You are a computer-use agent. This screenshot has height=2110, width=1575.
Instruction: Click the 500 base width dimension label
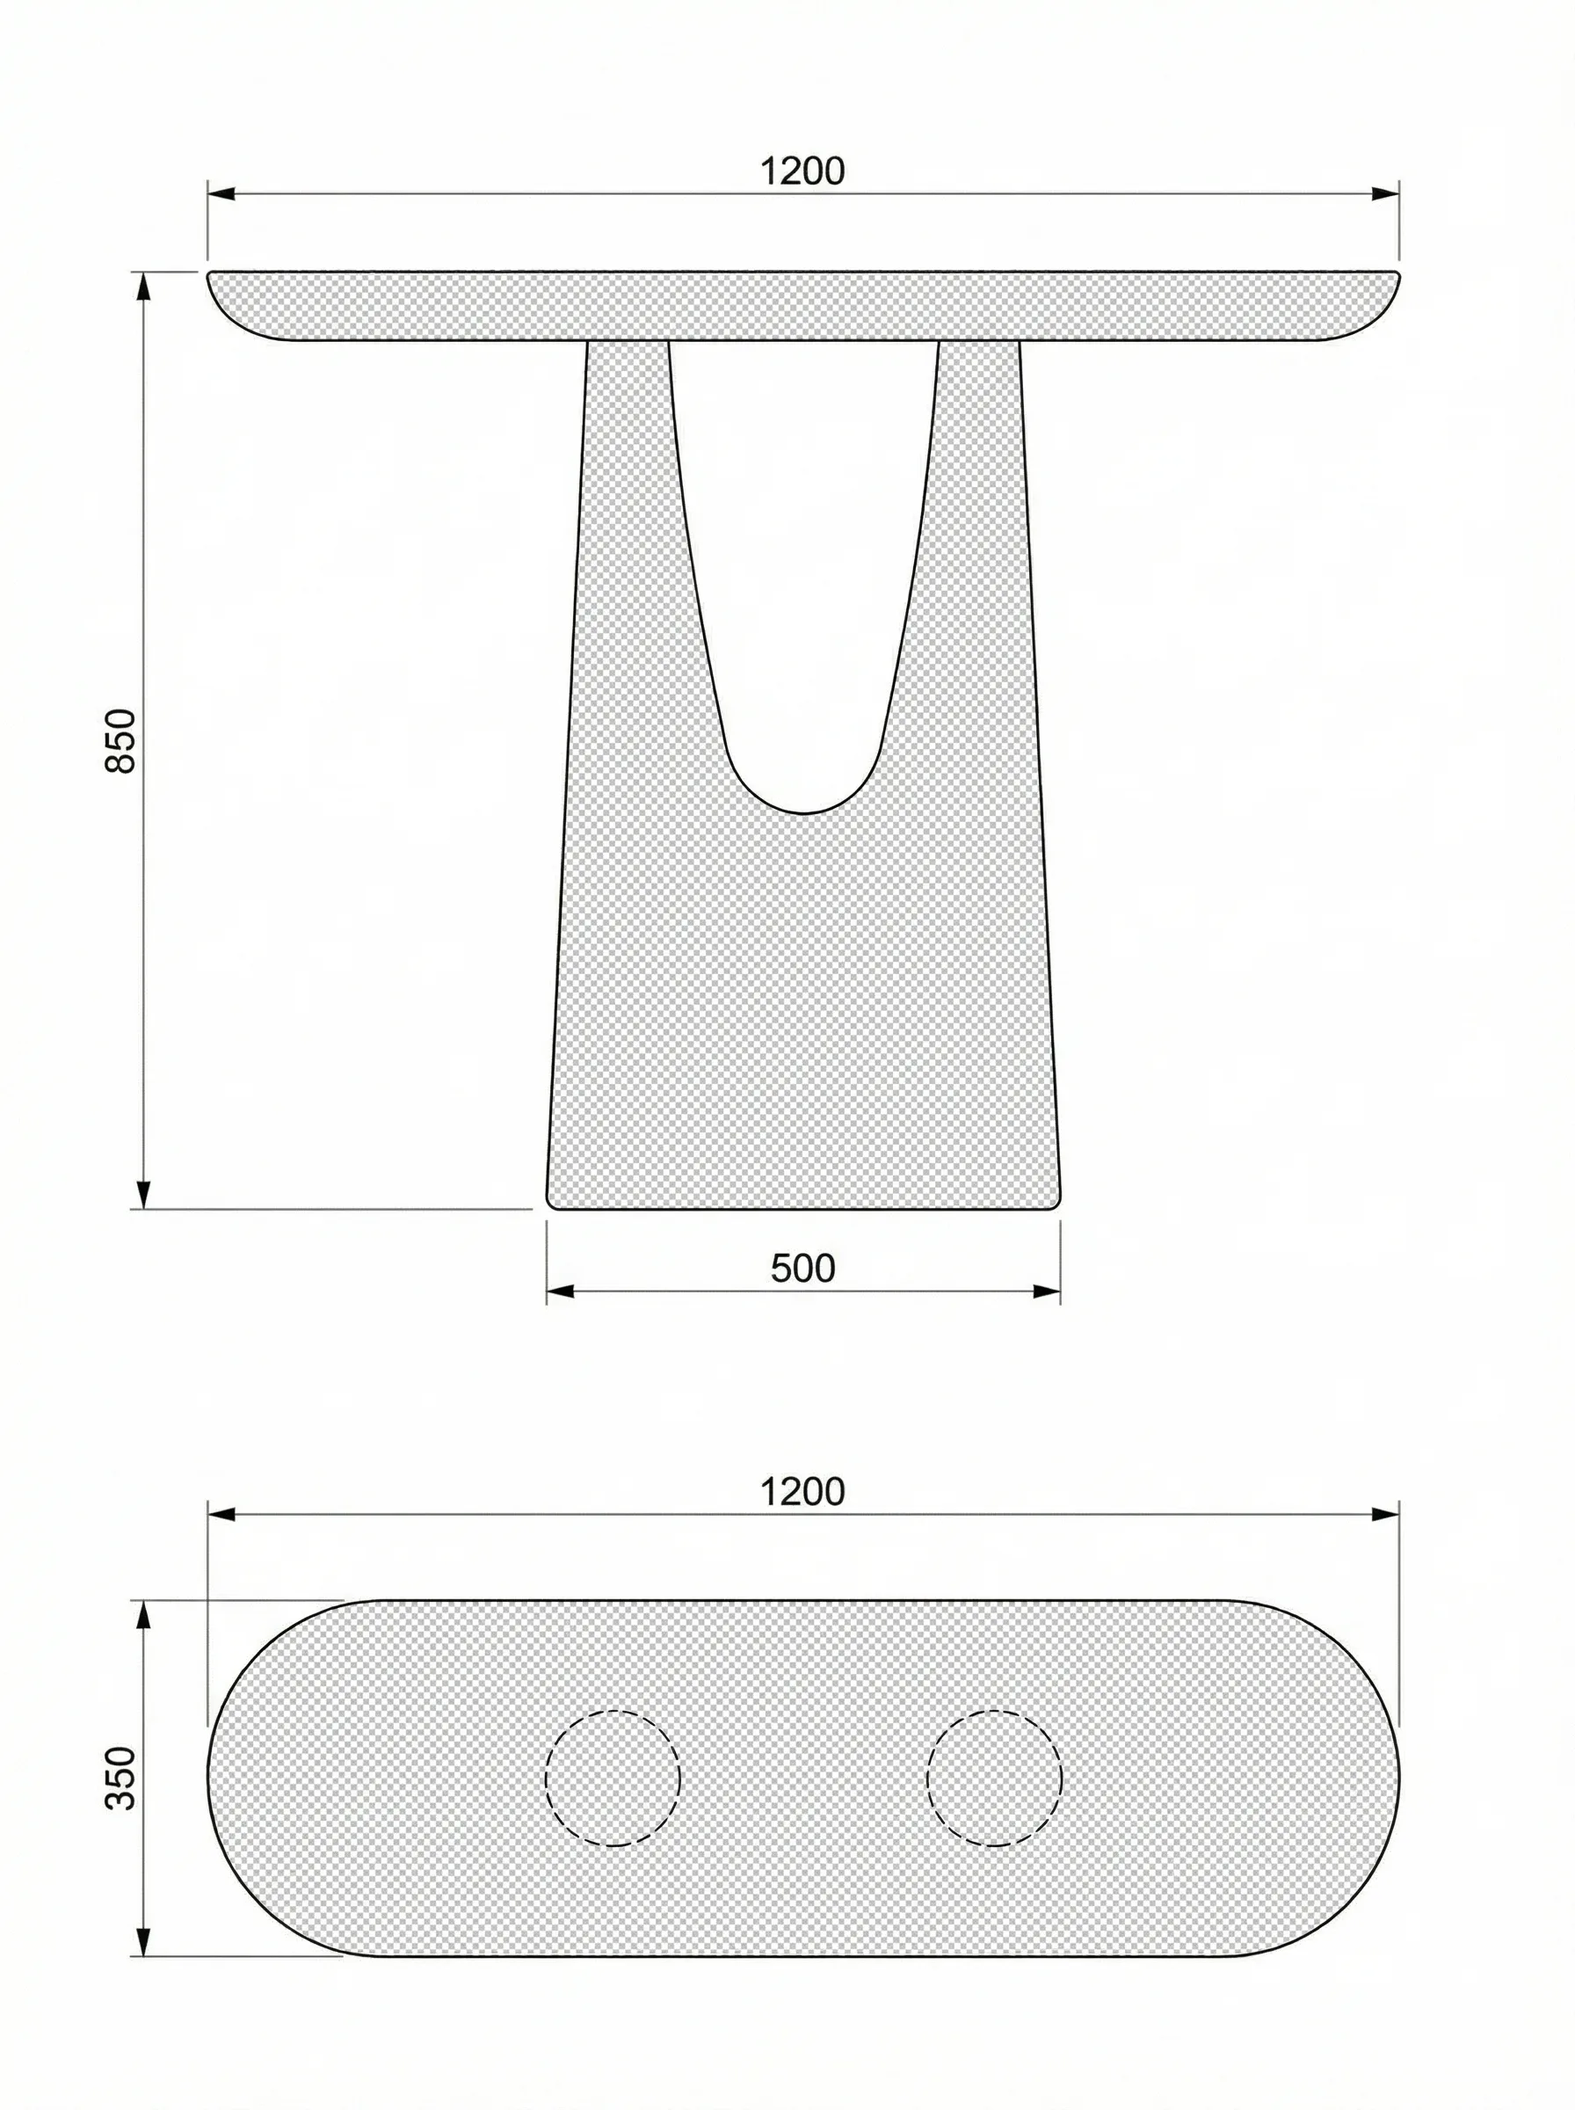(802, 1268)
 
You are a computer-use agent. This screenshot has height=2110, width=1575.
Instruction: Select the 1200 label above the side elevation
(802, 171)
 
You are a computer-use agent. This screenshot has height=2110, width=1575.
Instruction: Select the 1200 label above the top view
(802, 1491)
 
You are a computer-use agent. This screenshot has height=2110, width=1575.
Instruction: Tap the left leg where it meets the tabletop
(628, 346)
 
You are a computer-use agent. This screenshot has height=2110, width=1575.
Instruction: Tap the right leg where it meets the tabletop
(979, 346)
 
